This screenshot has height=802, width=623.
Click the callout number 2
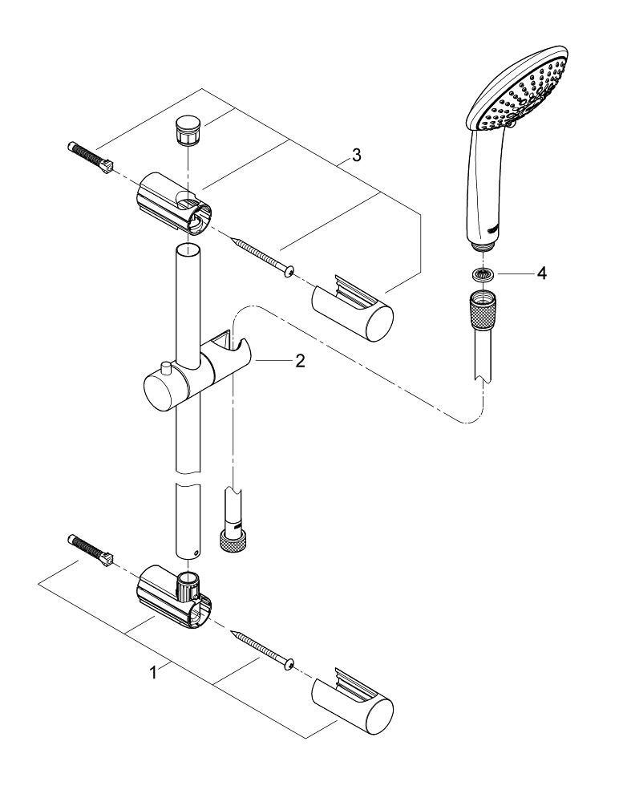click(300, 362)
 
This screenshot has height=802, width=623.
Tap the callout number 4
click(542, 274)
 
